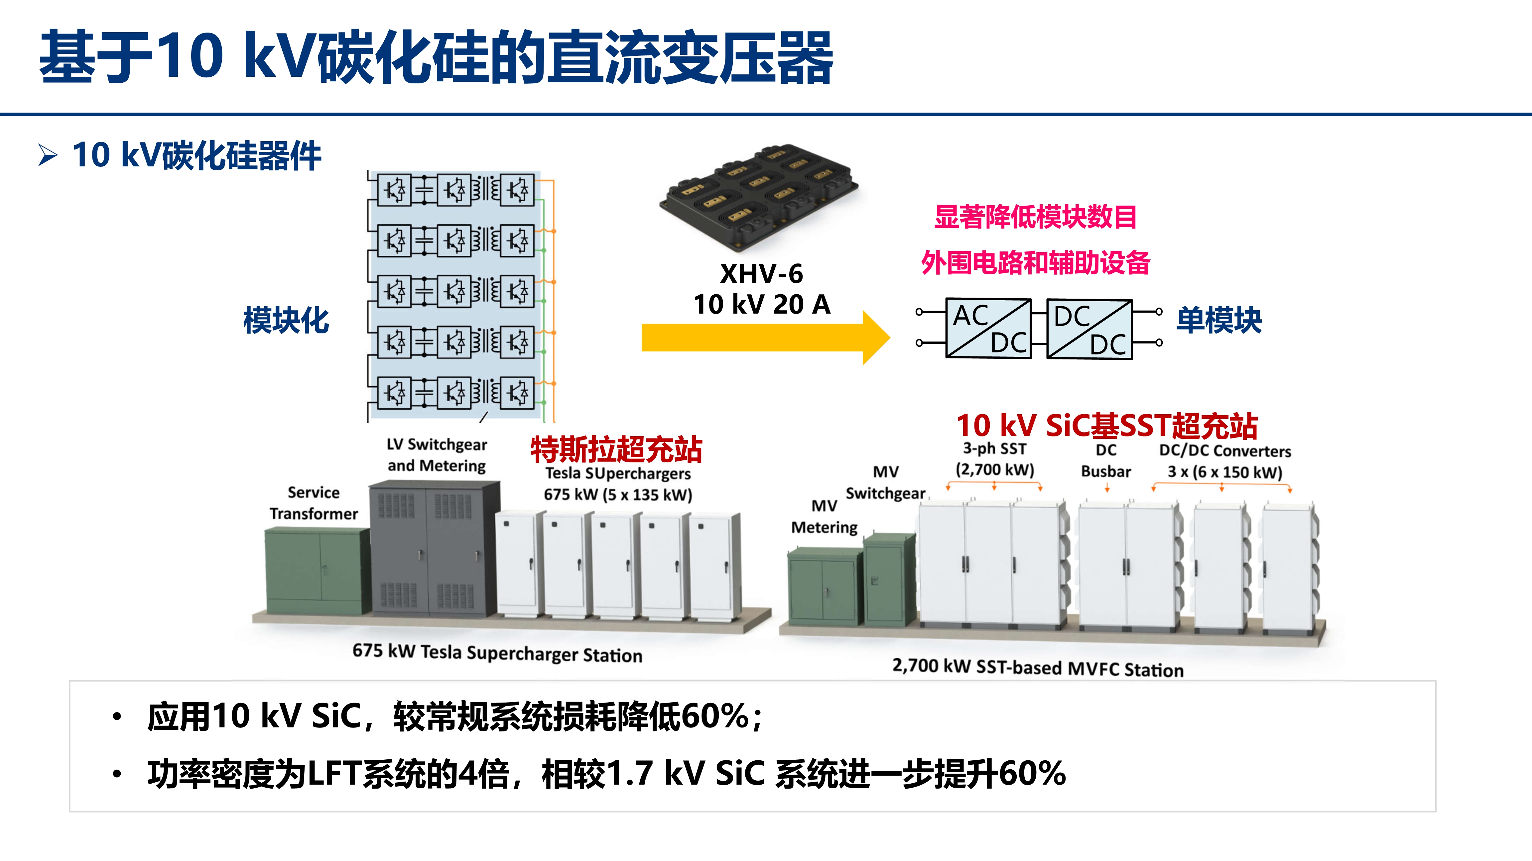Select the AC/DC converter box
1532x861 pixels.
(x=988, y=328)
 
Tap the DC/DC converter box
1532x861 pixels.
(x=1089, y=329)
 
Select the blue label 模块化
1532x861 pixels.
(x=286, y=320)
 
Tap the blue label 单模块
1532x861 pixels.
(x=1219, y=320)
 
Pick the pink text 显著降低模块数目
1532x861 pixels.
(x=1035, y=217)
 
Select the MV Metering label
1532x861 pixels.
(x=824, y=516)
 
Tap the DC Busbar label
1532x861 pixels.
(x=1105, y=460)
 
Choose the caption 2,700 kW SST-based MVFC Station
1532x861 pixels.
(x=1038, y=667)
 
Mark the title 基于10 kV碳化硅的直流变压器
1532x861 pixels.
(x=436, y=57)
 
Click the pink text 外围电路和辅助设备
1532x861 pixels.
(x=1035, y=263)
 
